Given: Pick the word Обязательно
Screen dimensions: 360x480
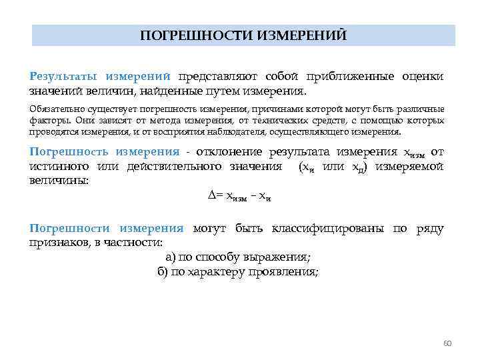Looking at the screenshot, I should click(x=53, y=109).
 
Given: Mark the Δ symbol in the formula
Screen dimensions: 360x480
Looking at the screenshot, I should click(x=211, y=195).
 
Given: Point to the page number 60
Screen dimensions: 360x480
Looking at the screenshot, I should click(x=447, y=343).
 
